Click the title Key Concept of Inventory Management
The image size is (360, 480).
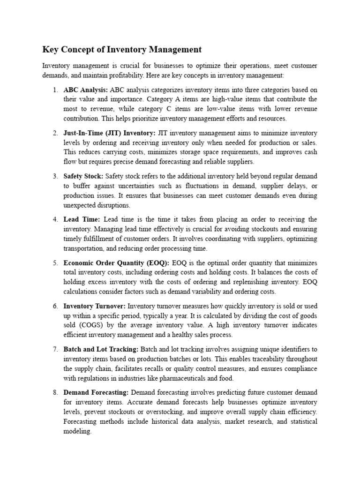pyautogui.click(x=122, y=49)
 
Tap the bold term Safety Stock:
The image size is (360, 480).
pyautogui.click(x=83, y=176)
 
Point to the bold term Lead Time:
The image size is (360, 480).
pyautogui.click(x=82, y=219)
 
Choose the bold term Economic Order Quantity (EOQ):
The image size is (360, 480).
pyautogui.click(x=117, y=263)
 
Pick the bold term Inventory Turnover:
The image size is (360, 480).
pyautogui.click(x=95, y=306)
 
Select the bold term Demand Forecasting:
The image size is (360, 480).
pyautogui.click(x=96, y=392)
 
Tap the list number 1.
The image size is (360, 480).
pyautogui.click(x=55, y=90)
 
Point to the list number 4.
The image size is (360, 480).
pyautogui.click(x=55, y=219)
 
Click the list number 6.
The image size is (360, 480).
pyautogui.click(x=55, y=306)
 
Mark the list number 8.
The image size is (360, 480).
pyautogui.click(x=55, y=392)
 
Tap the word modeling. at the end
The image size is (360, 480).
pyautogui.click(x=78, y=431)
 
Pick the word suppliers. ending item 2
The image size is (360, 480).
pyautogui.click(x=240, y=162)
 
